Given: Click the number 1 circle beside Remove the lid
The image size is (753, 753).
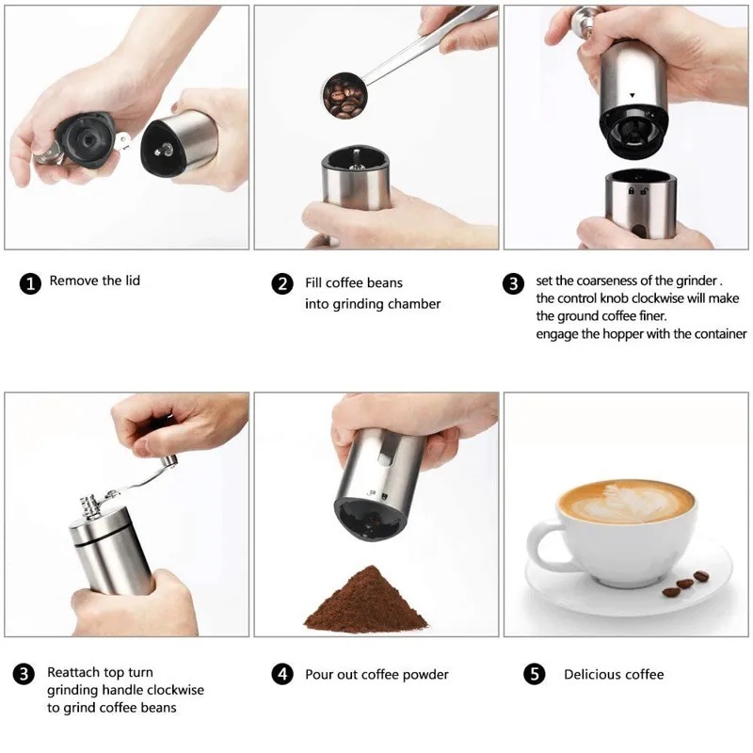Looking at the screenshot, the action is pyautogui.click(x=30, y=283).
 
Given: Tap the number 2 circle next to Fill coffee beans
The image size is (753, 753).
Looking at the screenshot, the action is pyautogui.click(x=282, y=283).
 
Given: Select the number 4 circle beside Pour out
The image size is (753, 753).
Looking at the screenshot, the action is pyautogui.click(x=282, y=674).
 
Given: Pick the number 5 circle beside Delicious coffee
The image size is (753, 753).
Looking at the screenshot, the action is pyautogui.click(x=535, y=674).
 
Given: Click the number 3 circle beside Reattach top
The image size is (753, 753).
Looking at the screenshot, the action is pyautogui.click(x=24, y=673).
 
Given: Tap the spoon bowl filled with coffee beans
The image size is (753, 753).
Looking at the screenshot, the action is pyautogui.click(x=344, y=96).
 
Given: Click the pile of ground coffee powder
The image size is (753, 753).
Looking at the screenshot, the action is pyautogui.click(x=366, y=600).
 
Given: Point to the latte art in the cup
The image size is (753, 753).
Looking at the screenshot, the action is pyautogui.click(x=626, y=502).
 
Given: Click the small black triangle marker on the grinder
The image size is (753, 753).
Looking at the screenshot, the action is pyautogui.click(x=632, y=95).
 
